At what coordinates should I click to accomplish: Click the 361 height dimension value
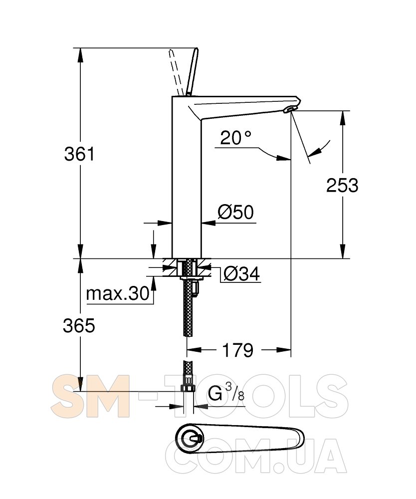(x=79, y=154)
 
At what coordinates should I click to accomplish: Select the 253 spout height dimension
(x=342, y=185)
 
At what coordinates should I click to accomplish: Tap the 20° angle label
(x=235, y=138)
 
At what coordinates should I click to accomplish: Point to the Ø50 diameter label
(x=235, y=212)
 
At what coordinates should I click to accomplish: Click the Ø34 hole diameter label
(x=242, y=273)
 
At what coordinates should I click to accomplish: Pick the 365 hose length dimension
(x=79, y=325)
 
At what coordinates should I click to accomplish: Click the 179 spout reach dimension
(x=237, y=350)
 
